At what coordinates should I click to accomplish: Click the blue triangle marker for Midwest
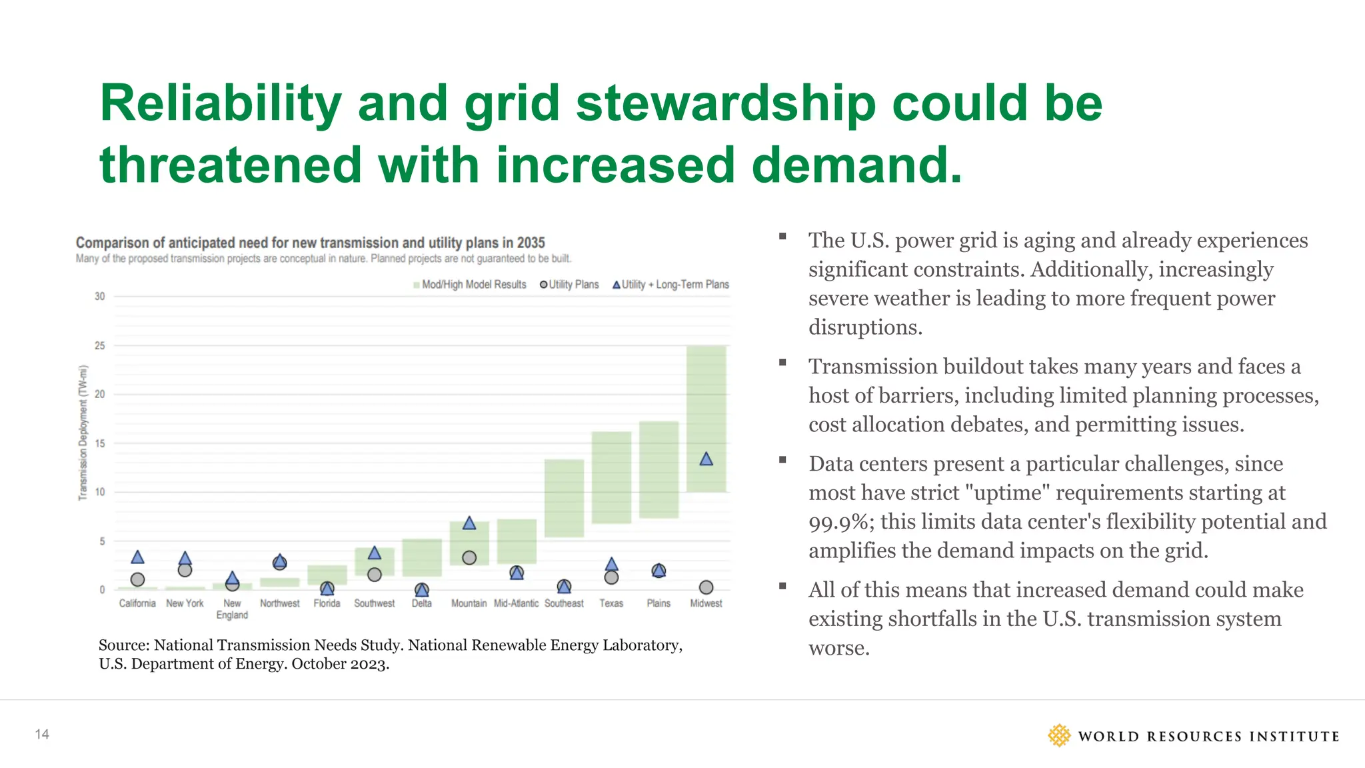point(706,459)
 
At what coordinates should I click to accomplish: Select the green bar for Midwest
point(706,400)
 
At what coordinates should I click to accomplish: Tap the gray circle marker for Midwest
point(706,587)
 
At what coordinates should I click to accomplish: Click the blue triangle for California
point(137,557)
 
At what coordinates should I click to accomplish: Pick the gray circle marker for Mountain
point(469,557)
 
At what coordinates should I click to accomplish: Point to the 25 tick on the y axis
point(100,345)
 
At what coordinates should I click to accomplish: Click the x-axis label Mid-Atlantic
point(516,603)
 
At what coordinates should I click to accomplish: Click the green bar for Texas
point(611,477)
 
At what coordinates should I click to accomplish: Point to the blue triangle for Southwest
point(375,553)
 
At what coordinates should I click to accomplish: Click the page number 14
point(42,734)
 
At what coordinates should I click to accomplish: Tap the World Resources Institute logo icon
point(1058,735)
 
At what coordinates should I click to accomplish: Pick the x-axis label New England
point(232,609)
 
